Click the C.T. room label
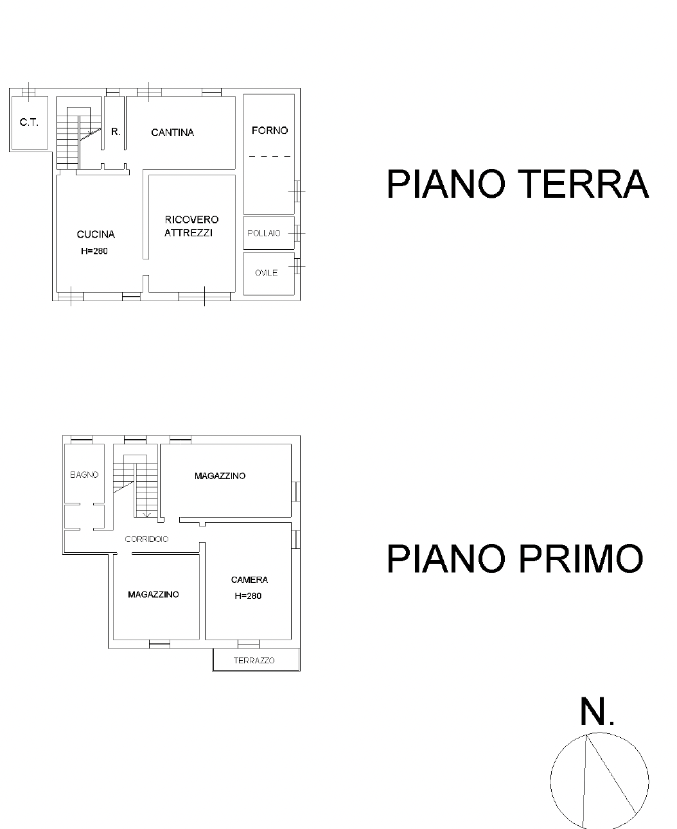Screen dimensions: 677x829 pos(29,122)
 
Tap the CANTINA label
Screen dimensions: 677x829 pos(173,132)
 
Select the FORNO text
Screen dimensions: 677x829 pos(270,130)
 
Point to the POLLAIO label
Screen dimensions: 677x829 pos(264,233)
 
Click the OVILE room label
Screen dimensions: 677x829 pos(266,273)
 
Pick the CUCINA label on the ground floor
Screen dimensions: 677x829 pos(96,234)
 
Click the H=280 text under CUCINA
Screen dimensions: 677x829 pos(94,251)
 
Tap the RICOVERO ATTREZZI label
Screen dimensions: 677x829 pos(191,226)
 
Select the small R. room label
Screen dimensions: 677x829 pos(116,132)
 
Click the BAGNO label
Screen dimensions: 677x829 pos(84,475)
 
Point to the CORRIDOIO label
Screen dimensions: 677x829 pos(146,539)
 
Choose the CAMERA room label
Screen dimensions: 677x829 pos(250,580)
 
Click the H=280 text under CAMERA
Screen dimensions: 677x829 pos(248,596)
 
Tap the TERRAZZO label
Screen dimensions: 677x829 pos(254,661)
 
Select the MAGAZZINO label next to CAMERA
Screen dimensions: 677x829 pos(154,595)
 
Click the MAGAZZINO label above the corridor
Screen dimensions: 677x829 pos(220,476)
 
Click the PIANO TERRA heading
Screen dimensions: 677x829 pos(518,184)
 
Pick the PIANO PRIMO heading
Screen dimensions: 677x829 pos(515,559)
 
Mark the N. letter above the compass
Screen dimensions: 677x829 pos(597,712)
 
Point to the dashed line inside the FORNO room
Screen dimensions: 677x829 pos(270,157)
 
